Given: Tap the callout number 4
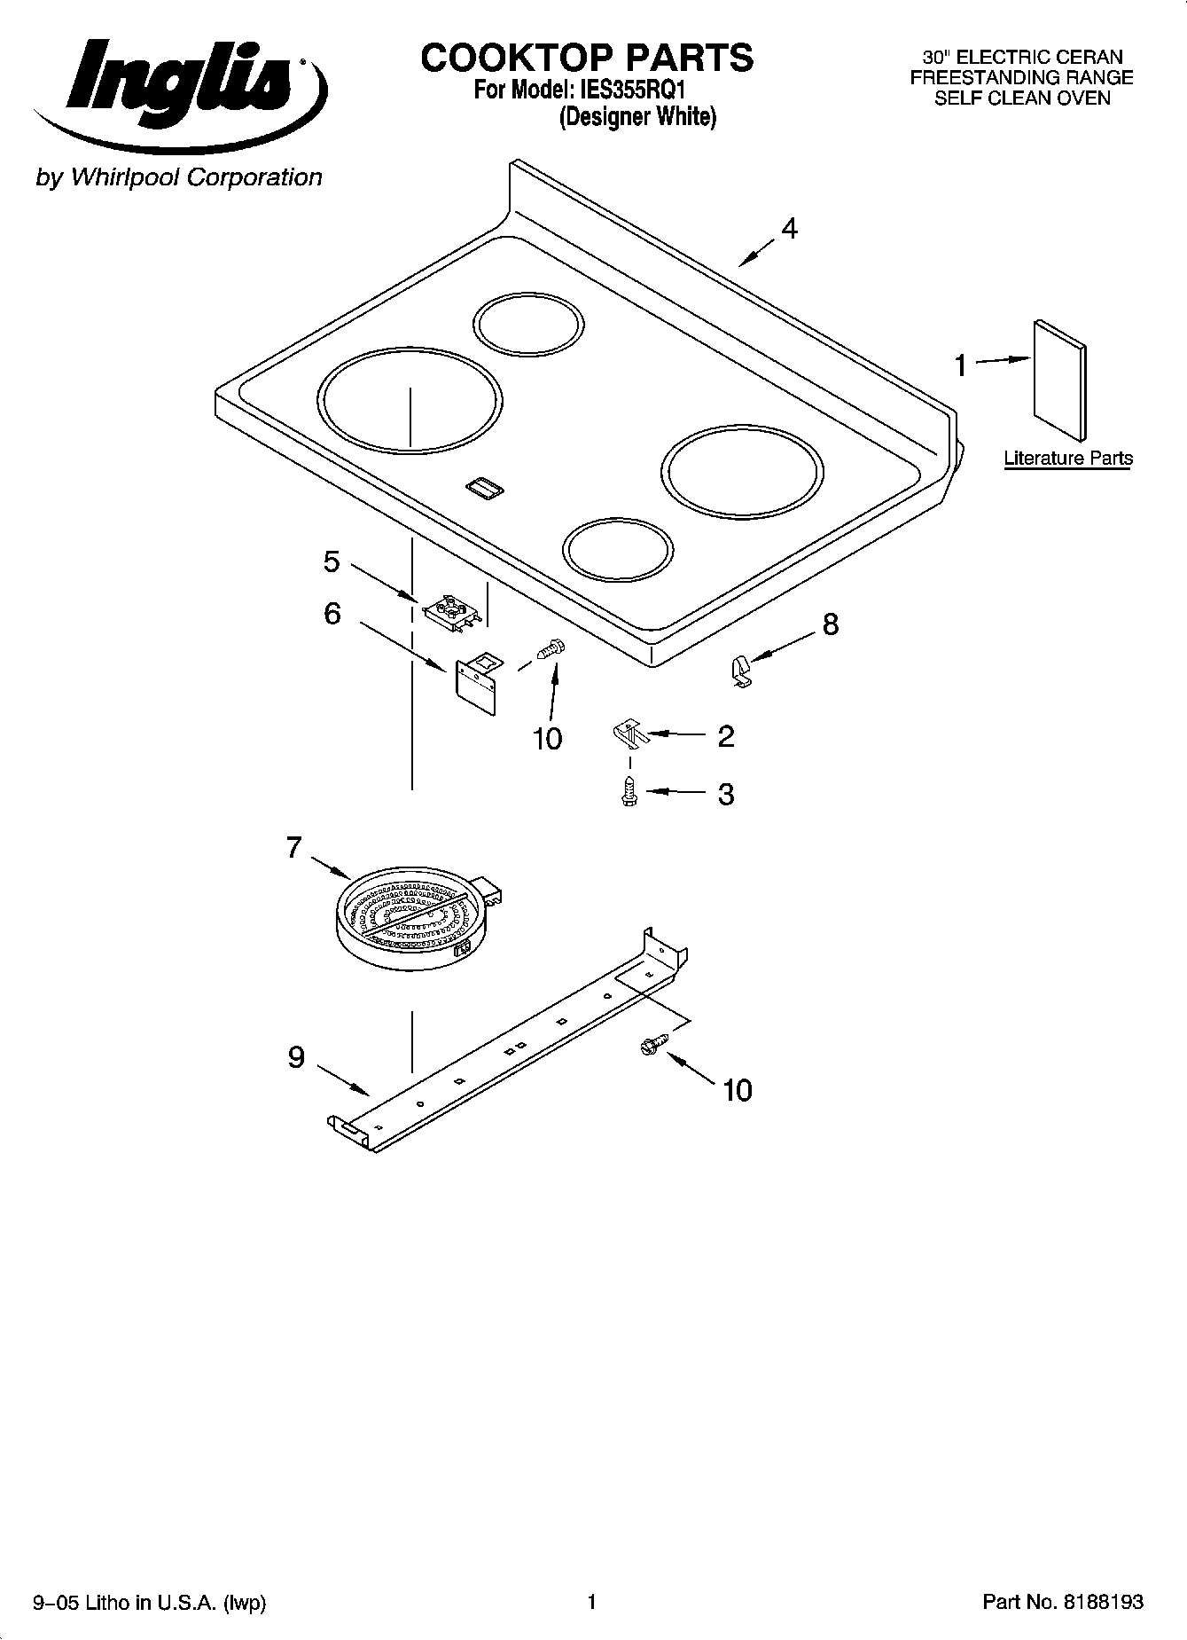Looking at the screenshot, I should pos(788,229).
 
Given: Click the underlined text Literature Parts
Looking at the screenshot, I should pos(1067,459).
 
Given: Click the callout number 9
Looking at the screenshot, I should pos(296,1057).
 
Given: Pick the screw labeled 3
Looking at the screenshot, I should pos(629,790).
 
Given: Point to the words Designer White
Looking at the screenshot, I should pos(636,116).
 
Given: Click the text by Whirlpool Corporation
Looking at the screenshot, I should pos(178,177).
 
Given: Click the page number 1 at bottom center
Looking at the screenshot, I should pos(591,1602).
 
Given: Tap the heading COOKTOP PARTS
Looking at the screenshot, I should pos(587,58).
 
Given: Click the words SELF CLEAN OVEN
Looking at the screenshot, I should pos(1021,98).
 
